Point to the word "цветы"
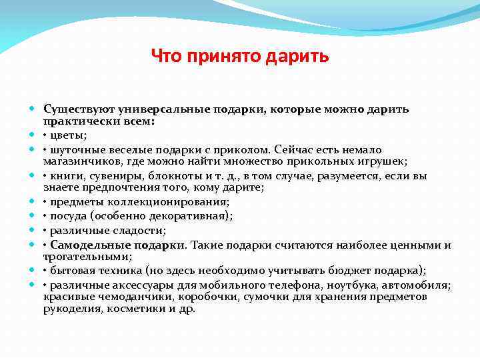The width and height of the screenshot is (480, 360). click(x=67, y=135)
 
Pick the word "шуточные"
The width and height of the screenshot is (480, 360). click(x=77, y=150)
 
